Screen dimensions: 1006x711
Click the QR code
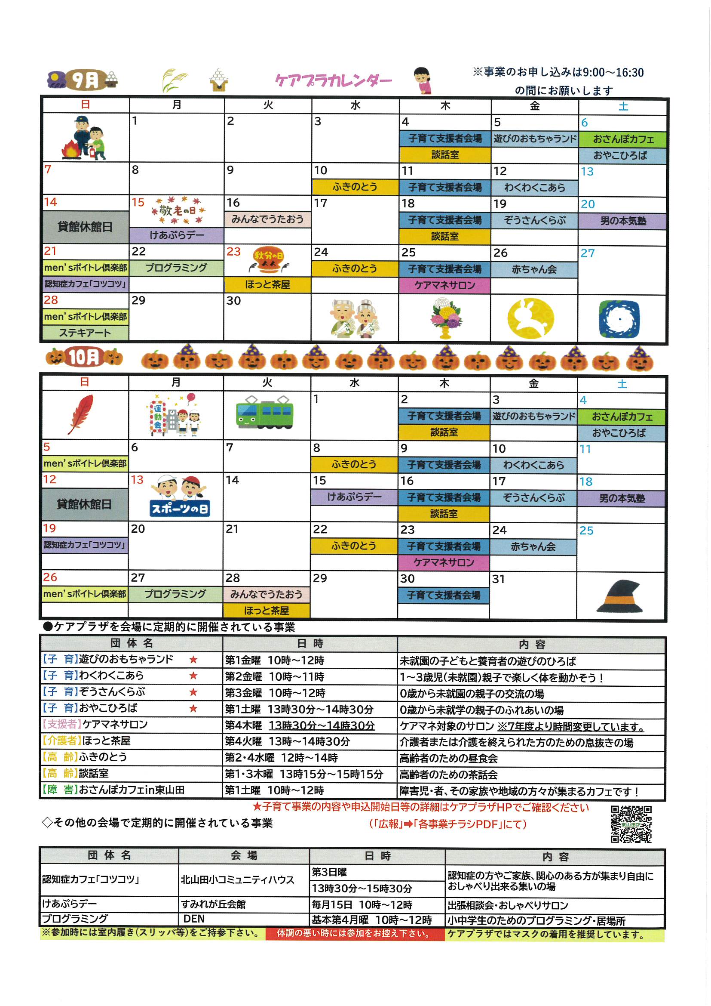point(631,824)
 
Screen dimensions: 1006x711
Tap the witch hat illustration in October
point(620,596)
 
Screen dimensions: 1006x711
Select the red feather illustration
point(81,414)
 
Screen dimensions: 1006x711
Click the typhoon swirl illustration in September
point(619,319)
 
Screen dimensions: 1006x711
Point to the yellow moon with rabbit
point(531,318)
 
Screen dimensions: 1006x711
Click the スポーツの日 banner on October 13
point(180,508)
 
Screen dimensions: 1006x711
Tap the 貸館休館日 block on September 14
point(85,227)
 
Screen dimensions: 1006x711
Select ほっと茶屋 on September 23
point(267,285)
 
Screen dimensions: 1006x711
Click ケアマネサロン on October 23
point(444,562)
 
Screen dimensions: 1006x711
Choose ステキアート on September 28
point(85,333)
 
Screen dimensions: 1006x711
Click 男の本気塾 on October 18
point(622,498)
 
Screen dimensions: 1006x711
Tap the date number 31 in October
point(498,579)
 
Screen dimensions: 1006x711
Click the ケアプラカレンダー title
point(333,80)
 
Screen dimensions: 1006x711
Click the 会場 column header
point(244,856)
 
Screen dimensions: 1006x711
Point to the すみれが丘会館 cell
point(214,904)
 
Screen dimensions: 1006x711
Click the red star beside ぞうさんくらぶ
point(193,692)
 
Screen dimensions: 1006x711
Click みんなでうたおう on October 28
point(266,594)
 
